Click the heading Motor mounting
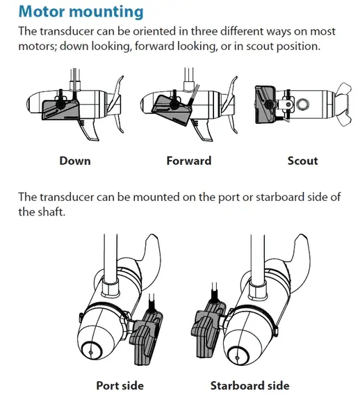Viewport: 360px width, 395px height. pyautogui.click(x=81, y=12)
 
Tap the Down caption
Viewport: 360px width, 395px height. pyautogui.click(x=75, y=161)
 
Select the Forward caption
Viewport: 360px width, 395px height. pyautogui.click(x=189, y=161)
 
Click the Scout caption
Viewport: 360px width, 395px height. pyautogui.click(x=302, y=161)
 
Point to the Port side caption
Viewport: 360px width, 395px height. pyautogui.click(x=120, y=385)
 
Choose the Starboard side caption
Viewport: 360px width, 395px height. pyautogui.click(x=249, y=385)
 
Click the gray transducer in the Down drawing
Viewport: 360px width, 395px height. pyautogui.click(x=60, y=109)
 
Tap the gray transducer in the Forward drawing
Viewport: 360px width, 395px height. pyautogui.click(x=172, y=109)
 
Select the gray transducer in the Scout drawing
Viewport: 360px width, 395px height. pyautogui.click(x=265, y=104)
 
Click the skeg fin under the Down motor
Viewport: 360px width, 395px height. pyautogui.click(x=89, y=130)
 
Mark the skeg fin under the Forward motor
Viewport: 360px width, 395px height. pyautogui.click(x=203, y=130)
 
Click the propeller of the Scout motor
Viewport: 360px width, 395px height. pyautogui.click(x=343, y=104)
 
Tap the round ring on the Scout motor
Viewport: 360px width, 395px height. pyautogui.click(x=302, y=104)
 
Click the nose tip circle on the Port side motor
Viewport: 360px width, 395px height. pyautogui.click(x=91, y=351)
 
